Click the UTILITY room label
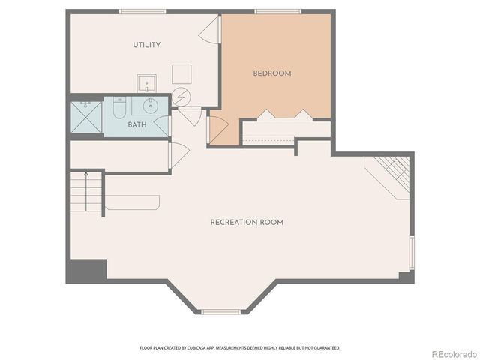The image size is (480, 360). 147,45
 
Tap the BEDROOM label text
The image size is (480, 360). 272,73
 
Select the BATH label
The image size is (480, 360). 137,125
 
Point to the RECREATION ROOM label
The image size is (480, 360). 247,223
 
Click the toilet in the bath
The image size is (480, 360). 119,109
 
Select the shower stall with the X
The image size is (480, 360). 85,117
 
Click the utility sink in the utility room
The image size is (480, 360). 145,82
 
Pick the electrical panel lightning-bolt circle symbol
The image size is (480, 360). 181,97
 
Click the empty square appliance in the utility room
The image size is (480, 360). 181,73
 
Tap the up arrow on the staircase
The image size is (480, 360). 86,175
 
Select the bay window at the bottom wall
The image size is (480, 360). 220,311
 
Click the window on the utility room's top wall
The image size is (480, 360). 142,11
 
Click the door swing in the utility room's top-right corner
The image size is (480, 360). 209,31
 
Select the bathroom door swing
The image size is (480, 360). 162,125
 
